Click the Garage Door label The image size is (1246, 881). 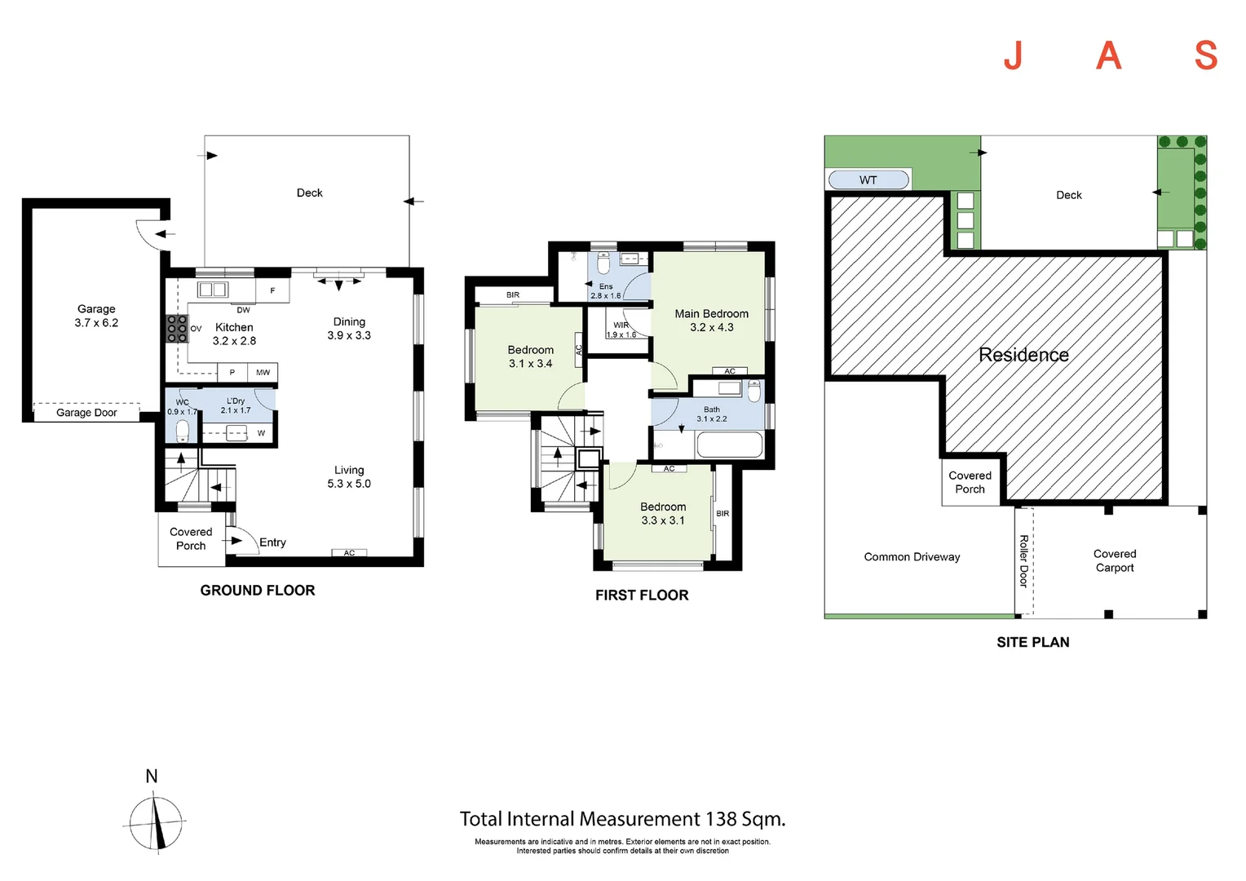pos(86,413)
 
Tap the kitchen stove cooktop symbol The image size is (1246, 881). pos(177,329)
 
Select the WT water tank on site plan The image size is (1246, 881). pos(868,179)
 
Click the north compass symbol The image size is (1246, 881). pos(156,822)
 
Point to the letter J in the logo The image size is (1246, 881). pos(1014,55)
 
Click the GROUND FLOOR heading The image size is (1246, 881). pos(258,590)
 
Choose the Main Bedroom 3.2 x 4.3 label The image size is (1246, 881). pos(711,321)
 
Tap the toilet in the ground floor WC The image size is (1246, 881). pos(182,432)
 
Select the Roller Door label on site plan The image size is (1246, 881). pos(1023,561)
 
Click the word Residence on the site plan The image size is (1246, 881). pos(1023,355)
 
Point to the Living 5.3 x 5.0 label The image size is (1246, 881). pos(349,477)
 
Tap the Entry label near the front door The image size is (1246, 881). pos(272,542)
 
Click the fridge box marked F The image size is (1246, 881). pos(272,290)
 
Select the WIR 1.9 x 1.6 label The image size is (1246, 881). pos(621,330)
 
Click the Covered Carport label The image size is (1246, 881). pos(1115,561)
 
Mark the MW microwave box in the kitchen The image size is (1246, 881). pos(263,372)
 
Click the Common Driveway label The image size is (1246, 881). pos(912,556)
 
